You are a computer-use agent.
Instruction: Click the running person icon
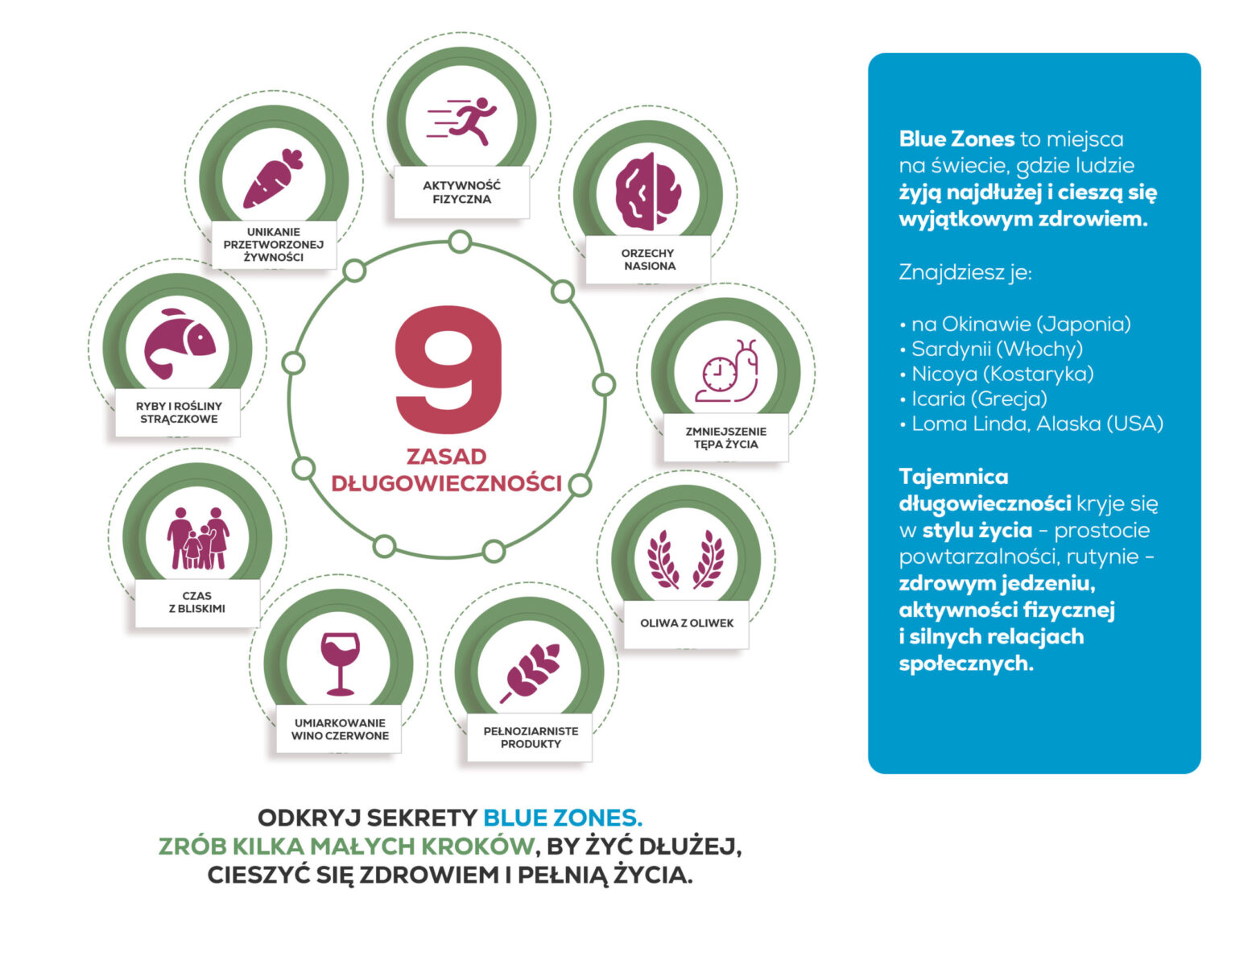click(x=462, y=122)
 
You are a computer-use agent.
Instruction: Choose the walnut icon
click(x=647, y=192)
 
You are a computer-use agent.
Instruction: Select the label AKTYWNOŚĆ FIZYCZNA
click(x=461, y=192)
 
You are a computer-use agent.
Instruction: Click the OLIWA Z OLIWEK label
click(x=687, y=623)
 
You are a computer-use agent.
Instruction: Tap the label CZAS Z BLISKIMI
click(x=197, y=602)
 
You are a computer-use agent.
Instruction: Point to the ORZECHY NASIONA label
click(x=648, y=259)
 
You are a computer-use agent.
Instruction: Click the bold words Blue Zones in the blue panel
click(x=956, y=139)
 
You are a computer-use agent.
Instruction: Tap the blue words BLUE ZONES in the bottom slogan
click(x=562, y=818)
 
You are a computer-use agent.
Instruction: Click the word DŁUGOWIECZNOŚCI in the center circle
click(x=446, y=483)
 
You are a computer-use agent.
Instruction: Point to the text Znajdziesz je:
click(x=965, y=272)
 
